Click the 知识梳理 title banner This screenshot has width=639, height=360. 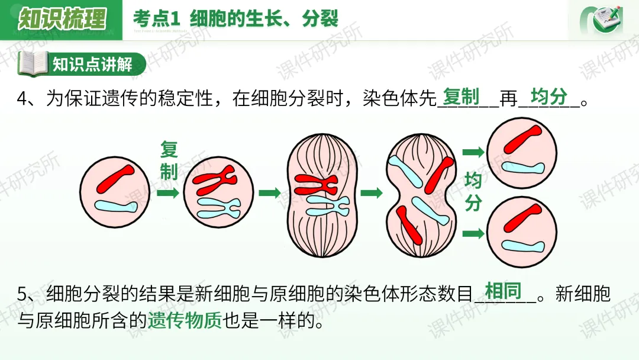pos(62,19)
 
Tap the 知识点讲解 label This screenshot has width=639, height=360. pos(92,64)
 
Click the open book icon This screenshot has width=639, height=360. pos(33,64)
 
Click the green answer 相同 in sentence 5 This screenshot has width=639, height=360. pos(503,291)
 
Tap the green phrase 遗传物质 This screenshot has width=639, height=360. pos(185,320)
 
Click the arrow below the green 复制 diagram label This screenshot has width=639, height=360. pos(168,193)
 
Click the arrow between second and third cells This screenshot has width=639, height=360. pos(269,193)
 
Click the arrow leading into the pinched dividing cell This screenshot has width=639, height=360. pos(372,193)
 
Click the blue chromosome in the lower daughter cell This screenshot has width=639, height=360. pos(522,246)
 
